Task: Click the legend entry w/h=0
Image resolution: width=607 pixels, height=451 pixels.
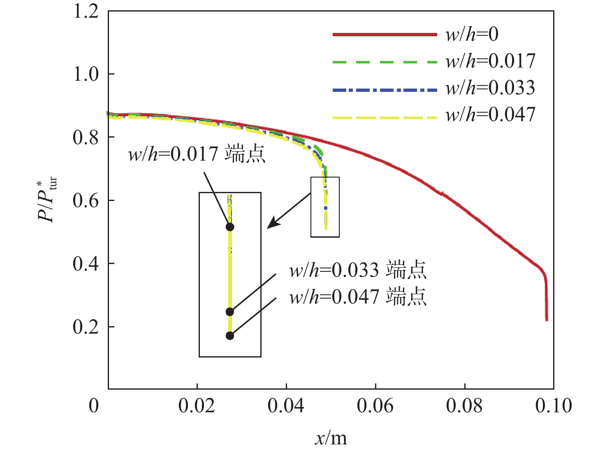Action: coord(472,34)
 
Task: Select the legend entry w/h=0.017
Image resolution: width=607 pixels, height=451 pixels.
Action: coord(490,61)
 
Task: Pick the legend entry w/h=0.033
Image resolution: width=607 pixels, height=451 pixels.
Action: coord(490,88)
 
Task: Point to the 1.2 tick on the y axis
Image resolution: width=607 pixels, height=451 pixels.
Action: coord(86,11)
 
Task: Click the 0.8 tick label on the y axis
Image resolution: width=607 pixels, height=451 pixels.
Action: coord(86,137)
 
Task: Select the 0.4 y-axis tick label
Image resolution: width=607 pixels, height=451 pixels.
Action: coord(86,264)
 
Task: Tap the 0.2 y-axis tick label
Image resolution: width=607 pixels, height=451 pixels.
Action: coord(86,327)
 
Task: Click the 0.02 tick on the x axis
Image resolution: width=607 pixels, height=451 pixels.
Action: coord(197,406)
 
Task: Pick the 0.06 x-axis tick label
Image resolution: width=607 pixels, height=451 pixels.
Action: coord(375,406)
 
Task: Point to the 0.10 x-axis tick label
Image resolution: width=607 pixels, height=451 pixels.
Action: coord(553,406)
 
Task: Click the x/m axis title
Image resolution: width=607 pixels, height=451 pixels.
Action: coord(331,438)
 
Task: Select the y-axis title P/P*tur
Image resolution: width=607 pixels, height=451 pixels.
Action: coord(47,200)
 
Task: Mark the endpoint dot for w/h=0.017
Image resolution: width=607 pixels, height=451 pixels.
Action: coord(230,227)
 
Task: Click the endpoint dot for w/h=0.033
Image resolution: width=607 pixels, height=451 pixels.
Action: coord(230,312)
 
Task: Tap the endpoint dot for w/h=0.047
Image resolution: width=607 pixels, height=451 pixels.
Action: coord(230,336)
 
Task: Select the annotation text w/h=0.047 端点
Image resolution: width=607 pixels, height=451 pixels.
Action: coord(357,297)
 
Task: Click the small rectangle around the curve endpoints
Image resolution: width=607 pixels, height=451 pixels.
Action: coord(325,207)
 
